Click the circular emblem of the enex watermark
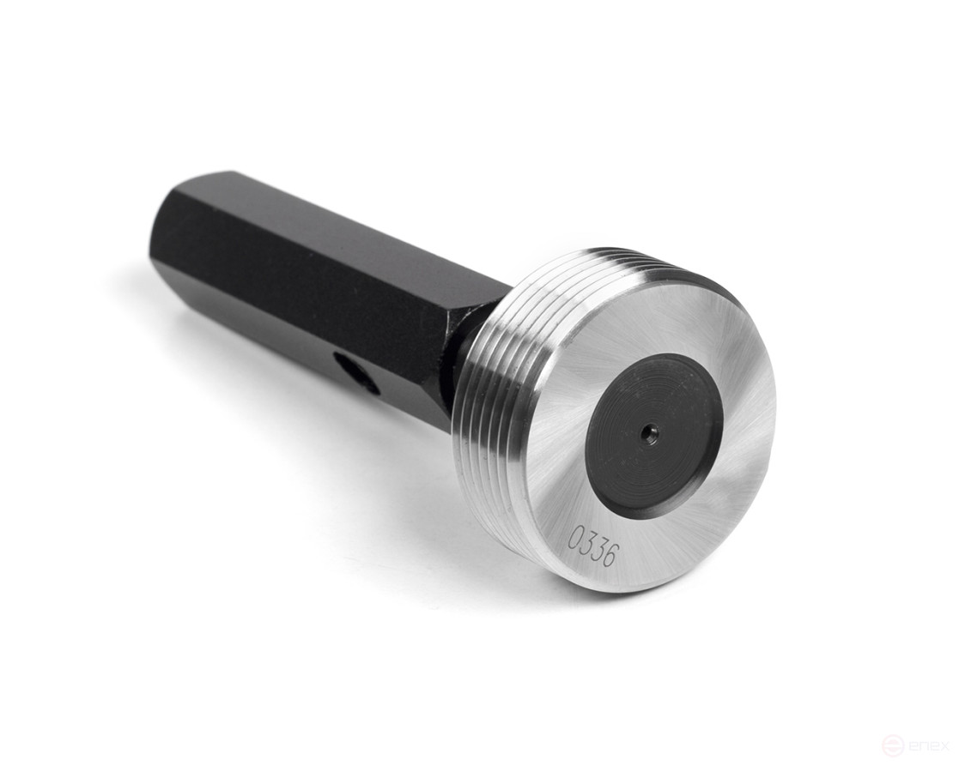click(894, 745)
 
